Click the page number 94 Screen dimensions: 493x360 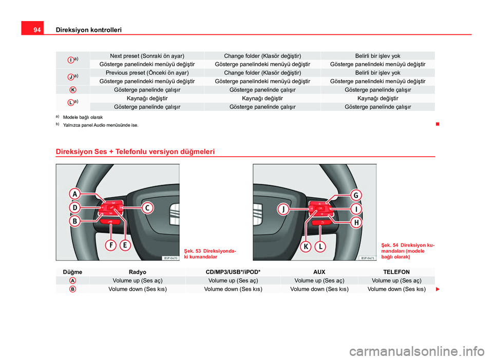[x=37, y=30]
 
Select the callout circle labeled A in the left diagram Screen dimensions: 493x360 [x=75, y=194]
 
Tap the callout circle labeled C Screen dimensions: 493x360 [x=147, y=208]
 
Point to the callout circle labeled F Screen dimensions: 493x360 [x=111, y=245]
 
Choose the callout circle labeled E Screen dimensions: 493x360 [x=125, y=245]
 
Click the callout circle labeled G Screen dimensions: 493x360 [x=356, y=195]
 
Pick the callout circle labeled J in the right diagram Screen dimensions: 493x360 [x=283, y=209]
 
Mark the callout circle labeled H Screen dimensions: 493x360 [x=356, y=222]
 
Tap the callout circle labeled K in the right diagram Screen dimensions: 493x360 [x=306, y=247]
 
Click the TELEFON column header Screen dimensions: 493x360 [x=396, y=272]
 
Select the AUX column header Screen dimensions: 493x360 [x=319, y=272]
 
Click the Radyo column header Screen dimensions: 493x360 [x=138, y=272]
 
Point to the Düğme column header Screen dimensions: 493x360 [x=72, y=272]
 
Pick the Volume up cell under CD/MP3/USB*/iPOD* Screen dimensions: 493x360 [x=233, y=280]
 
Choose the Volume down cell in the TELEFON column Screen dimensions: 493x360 [x=396, y=289]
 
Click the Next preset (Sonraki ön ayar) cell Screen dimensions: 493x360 [x=147, y=56]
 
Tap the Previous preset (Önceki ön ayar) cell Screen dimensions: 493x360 [x=147, y=73]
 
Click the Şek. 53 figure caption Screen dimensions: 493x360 [x=210, y=254]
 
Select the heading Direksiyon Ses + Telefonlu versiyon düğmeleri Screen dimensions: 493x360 [x=135, y=151]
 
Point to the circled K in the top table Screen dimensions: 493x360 [x=72, y=90]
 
